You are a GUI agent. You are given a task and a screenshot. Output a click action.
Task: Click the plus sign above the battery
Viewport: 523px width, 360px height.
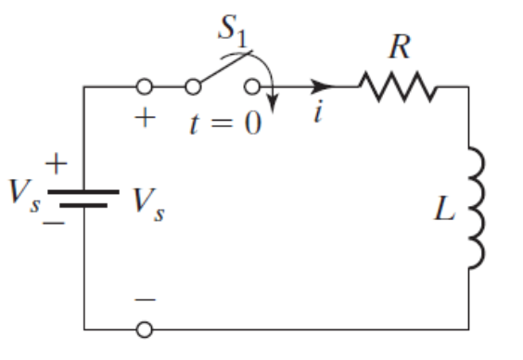[x=57, y=165]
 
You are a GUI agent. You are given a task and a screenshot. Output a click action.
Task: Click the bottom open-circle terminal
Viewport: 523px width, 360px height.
[x=145, y=329]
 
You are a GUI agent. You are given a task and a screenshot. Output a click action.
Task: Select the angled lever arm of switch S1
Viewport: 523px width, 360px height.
[x=220, y=75]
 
